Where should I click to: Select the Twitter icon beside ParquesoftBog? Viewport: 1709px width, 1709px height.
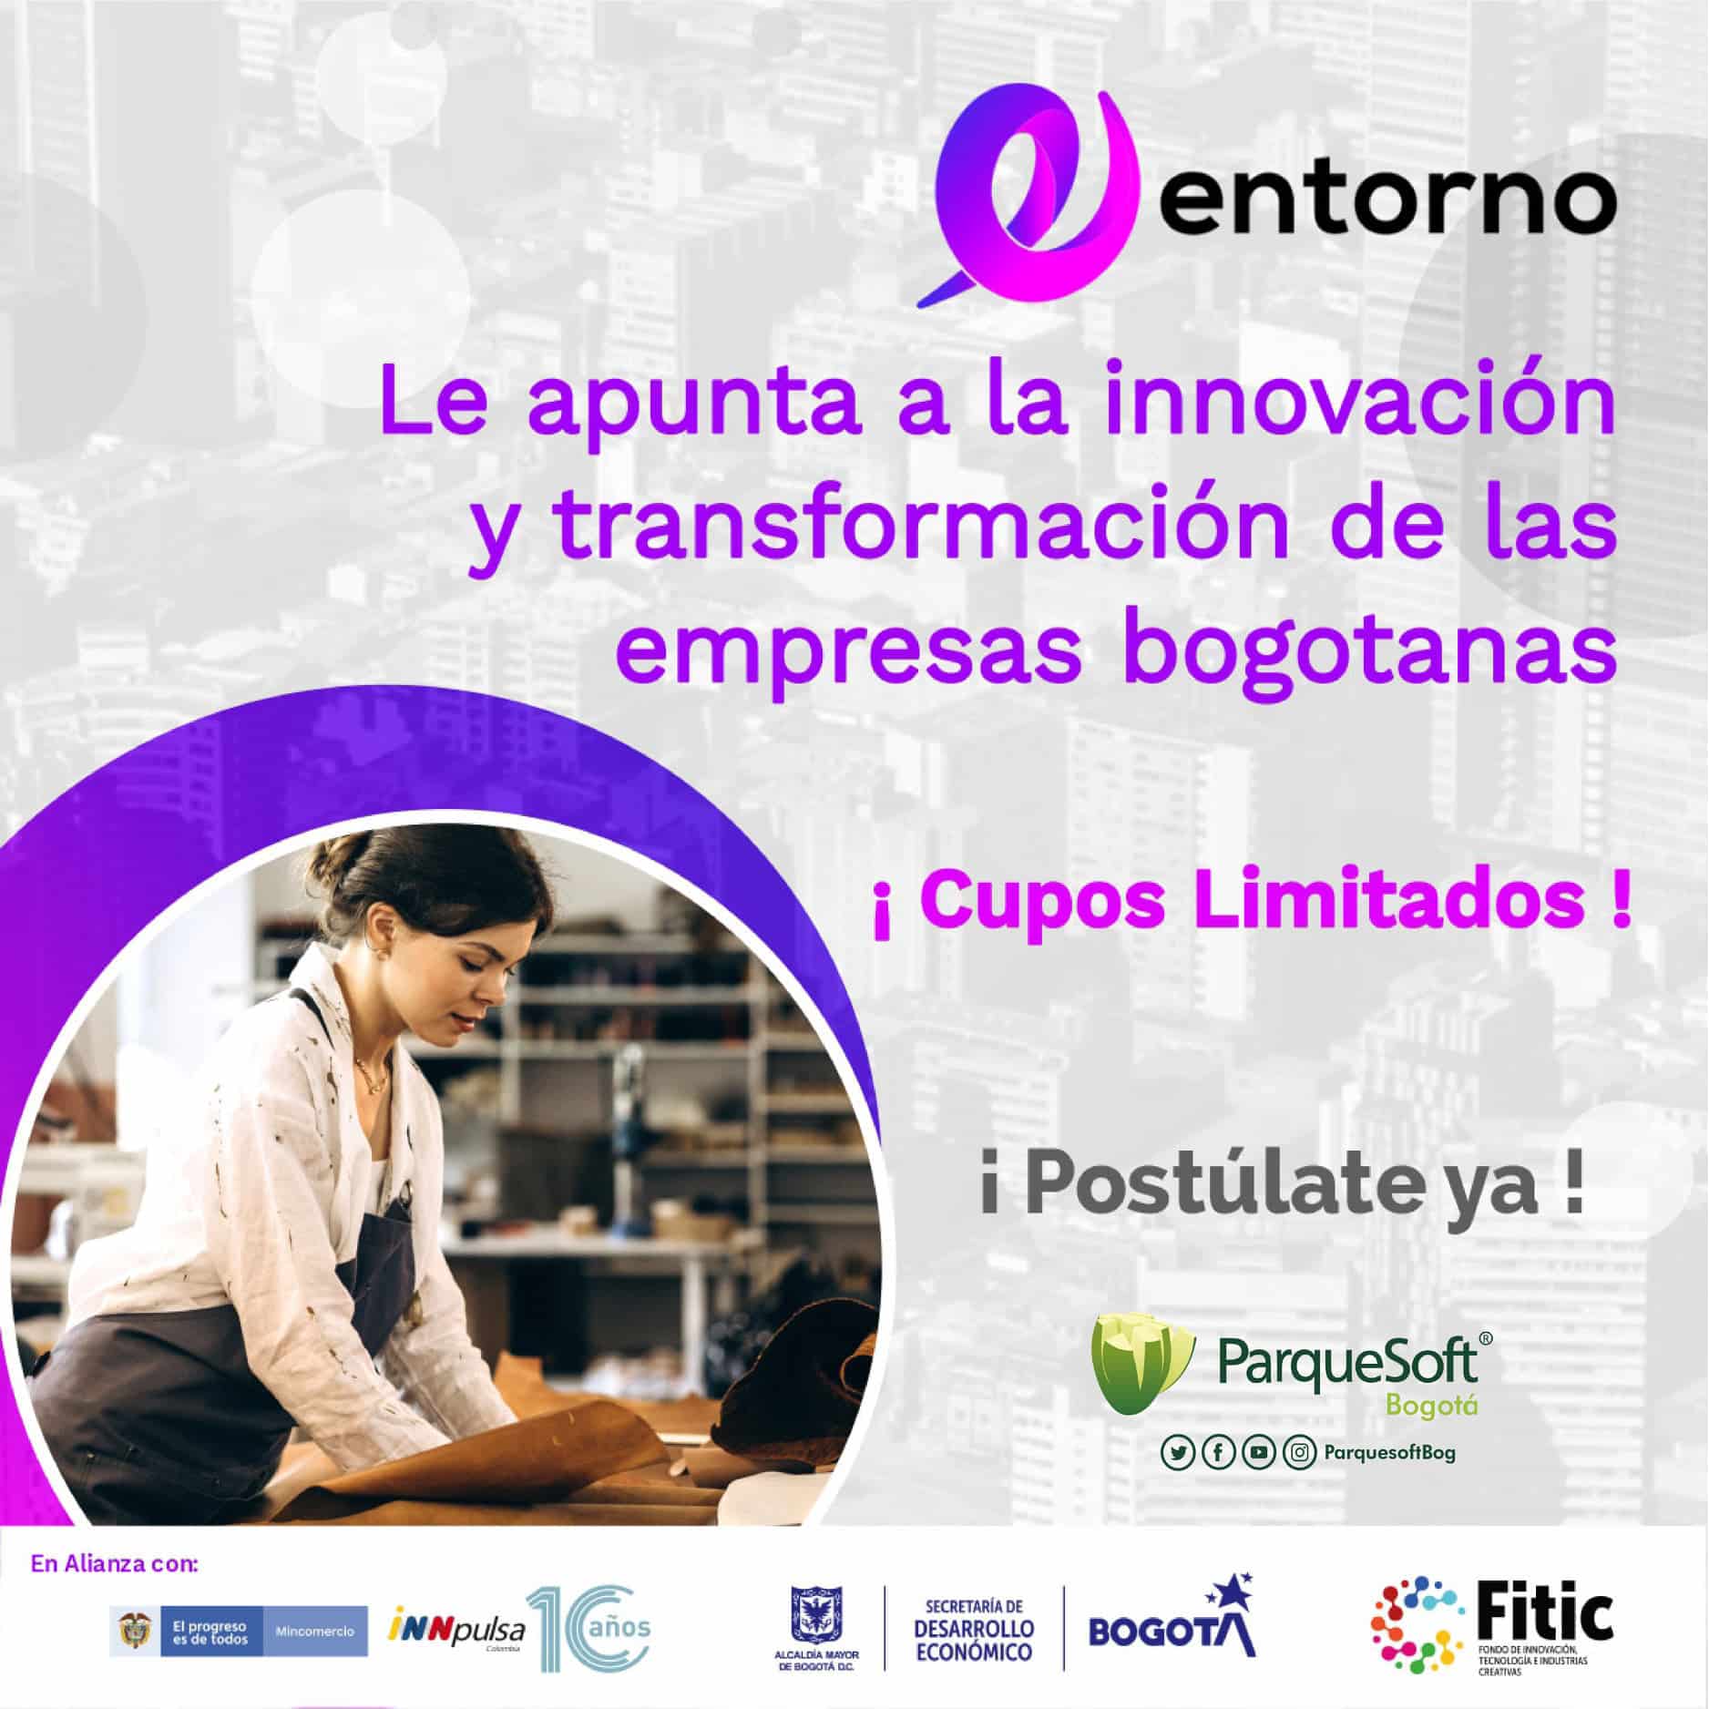[x=1179, y=1453]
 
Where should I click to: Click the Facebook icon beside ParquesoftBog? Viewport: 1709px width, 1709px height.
[x=1218, y=1453]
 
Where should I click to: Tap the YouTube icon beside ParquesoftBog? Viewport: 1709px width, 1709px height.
[x=1258, y=1453]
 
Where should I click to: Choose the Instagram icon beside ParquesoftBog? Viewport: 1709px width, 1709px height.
[x=1297, y=1453]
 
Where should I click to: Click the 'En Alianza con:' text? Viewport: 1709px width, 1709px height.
[x=114, y=1565]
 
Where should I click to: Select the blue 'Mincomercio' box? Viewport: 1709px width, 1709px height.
[x=314, y=1631]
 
